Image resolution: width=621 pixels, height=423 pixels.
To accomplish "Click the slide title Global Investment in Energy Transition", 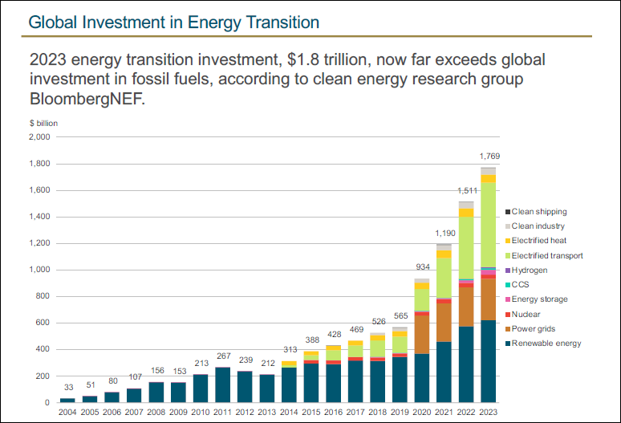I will pos(173,22).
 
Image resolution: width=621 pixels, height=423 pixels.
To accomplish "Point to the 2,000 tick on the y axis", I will pos(39,137).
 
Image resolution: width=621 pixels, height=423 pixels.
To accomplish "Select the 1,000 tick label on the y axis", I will pos(39,270).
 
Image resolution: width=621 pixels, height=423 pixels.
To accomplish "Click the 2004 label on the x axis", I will pos(67,413).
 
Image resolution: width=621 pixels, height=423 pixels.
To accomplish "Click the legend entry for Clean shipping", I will pos(539,212).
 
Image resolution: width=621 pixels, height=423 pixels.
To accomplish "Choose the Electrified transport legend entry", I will pos(547,255).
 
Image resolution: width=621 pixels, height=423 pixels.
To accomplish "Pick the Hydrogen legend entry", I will pos(530,270).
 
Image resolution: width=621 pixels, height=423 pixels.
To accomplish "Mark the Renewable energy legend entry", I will pos(546,344).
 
